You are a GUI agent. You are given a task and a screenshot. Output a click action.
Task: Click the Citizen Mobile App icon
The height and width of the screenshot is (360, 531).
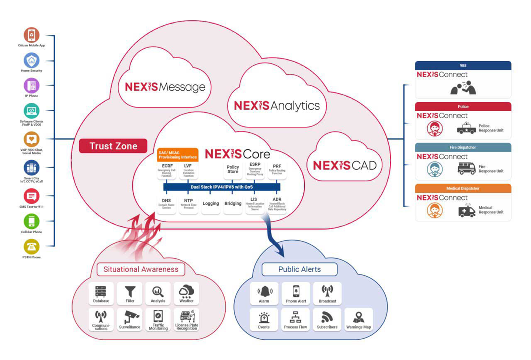click(x=31, y=35)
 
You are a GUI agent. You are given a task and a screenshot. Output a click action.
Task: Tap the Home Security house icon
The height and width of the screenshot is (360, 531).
click(x=31, y=60)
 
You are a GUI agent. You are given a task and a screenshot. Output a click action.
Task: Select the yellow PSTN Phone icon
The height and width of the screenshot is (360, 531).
click(x=31, y=247)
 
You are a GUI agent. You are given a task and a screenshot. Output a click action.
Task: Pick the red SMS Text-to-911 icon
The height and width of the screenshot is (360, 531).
click(x=31, y=196)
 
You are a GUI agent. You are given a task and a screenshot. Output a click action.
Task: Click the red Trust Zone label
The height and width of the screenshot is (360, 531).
click(x=113, y=146)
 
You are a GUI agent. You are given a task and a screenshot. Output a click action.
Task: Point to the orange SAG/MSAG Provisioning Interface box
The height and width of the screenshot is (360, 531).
click(x=177, y=155)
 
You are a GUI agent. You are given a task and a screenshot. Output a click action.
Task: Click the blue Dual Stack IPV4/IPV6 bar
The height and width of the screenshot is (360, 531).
click(x=222, y=187)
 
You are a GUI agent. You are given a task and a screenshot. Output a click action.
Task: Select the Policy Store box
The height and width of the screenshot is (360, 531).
click(x=233, y=169)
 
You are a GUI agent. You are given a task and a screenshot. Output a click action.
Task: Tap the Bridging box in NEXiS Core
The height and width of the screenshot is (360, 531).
click(x=233, y=204)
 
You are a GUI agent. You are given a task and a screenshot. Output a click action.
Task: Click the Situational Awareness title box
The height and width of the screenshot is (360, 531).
click(x=141, y=269)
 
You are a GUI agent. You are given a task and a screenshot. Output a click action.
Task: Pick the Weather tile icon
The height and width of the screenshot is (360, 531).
click(x=186, y=293)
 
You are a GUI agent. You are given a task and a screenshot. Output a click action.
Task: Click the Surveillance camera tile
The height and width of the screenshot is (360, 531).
click(x=130, y=319)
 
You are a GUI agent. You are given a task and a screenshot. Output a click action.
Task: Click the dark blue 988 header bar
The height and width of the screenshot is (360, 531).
click(x=463, y=66)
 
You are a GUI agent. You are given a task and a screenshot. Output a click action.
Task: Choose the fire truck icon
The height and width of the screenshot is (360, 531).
click(x=466, y=168)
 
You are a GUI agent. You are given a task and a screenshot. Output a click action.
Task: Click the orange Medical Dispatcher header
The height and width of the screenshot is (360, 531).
click(x=463, y=188)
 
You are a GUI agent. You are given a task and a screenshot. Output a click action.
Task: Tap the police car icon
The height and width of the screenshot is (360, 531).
click(x=466, y=128)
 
